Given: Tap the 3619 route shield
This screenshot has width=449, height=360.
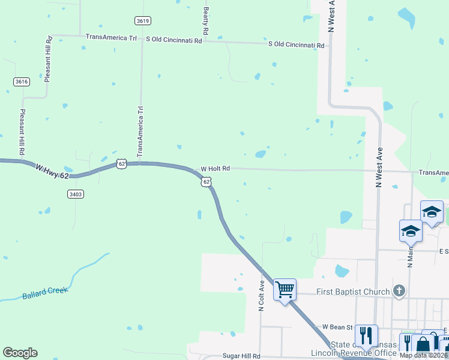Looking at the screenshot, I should pos(142,20).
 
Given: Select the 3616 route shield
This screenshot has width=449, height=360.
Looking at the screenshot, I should pos(22,82).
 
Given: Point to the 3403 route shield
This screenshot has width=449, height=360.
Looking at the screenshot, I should pos(76,194).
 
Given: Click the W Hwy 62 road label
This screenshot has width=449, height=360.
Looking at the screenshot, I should pos(52,170).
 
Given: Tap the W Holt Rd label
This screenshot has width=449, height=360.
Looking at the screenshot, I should pos(215,169).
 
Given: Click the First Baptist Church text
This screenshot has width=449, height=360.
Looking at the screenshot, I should pos(352,292).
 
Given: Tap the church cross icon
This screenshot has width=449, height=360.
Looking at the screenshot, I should pos(398,292).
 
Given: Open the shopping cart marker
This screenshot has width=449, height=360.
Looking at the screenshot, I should pos(285,290).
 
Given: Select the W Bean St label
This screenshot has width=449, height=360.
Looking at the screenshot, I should pos(337,327).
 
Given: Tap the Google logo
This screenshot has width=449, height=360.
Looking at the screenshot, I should pos(20,353).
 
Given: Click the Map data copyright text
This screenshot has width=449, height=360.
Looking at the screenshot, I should pos(422,355).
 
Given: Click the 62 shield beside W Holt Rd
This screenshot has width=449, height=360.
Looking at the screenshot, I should pos(206,181).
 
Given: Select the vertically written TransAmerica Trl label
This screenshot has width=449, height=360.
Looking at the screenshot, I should pos(141,132).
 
